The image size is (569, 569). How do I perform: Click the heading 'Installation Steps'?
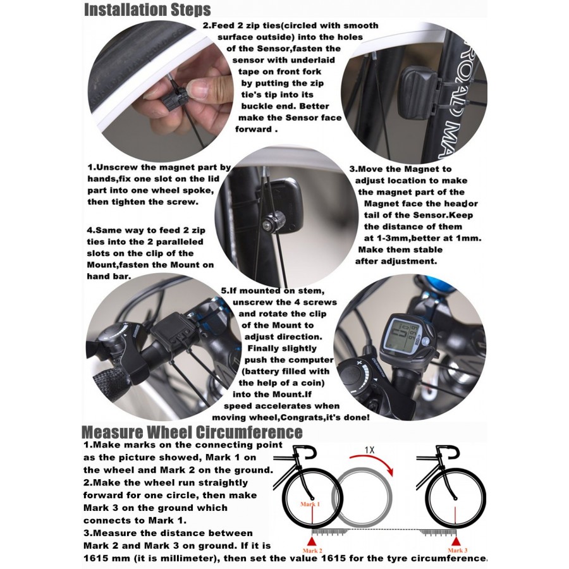(147, 10)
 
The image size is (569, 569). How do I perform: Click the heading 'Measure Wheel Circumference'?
(192, 432)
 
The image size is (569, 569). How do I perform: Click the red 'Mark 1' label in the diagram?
(310, 504)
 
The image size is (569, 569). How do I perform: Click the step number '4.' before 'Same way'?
(91, 231)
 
